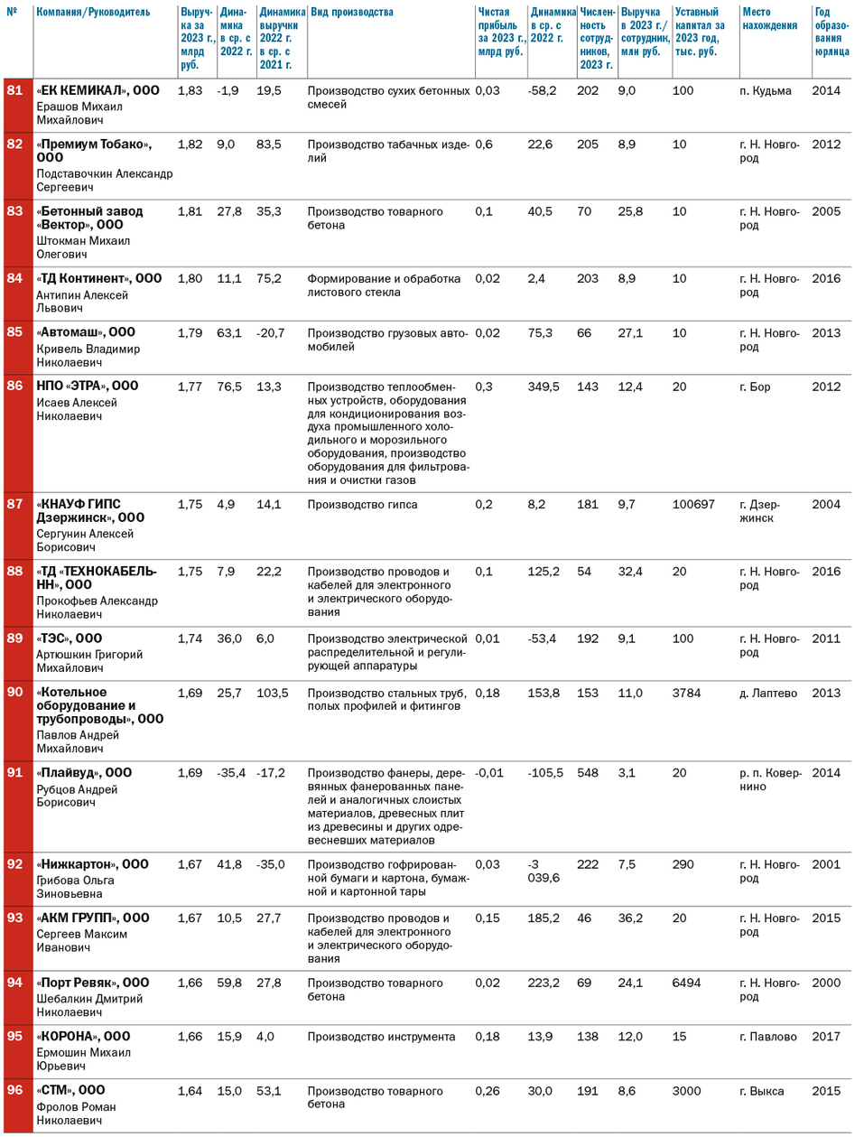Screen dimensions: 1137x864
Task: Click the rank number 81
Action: [14, 90]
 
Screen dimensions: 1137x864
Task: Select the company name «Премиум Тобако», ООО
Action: [94, 150]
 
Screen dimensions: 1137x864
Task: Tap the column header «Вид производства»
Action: [351, 13]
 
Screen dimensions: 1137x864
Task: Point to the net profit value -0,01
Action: [489, 773]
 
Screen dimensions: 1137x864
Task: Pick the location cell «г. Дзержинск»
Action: [759, 511]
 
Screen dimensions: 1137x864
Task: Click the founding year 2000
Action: [825, 983]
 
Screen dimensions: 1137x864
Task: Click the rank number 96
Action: [14, 1090]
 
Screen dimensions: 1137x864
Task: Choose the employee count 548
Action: [587, 773]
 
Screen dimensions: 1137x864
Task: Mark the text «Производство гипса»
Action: [362, 505]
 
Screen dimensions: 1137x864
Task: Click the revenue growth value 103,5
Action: [272, 693]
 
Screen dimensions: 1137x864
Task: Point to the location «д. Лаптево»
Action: [767, 693]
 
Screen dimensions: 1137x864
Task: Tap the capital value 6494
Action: [686, 983]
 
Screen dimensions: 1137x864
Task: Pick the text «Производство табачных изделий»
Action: [387, 151]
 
